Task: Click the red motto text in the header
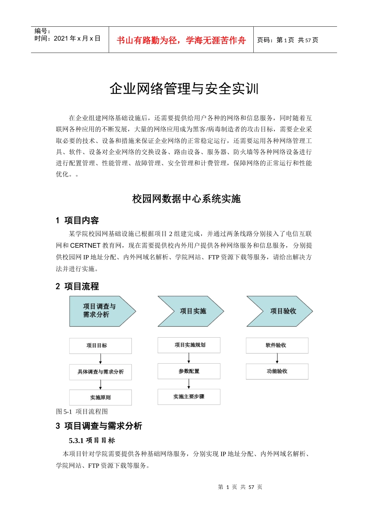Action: click(181, 40)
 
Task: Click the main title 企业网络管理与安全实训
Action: click(184, 89)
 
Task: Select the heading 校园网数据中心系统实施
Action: click(186, 199)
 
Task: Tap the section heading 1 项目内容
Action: click(77, 221)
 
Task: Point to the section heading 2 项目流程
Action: click(77, 286)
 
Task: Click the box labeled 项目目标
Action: click(100, 346)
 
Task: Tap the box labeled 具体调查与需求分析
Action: click(100, 372)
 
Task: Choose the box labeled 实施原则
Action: click(100, 397)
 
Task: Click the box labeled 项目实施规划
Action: click(189, 345)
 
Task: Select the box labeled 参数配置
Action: click(189, 371)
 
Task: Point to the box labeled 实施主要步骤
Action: click(189, 397)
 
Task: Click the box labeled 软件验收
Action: click(277, 345)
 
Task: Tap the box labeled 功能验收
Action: click(277, 371)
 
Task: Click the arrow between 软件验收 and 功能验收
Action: click(277, 359)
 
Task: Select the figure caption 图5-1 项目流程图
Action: click(82, 412)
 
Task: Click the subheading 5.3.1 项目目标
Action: click(92, 440)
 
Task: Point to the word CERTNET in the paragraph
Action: click(85, 245)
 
